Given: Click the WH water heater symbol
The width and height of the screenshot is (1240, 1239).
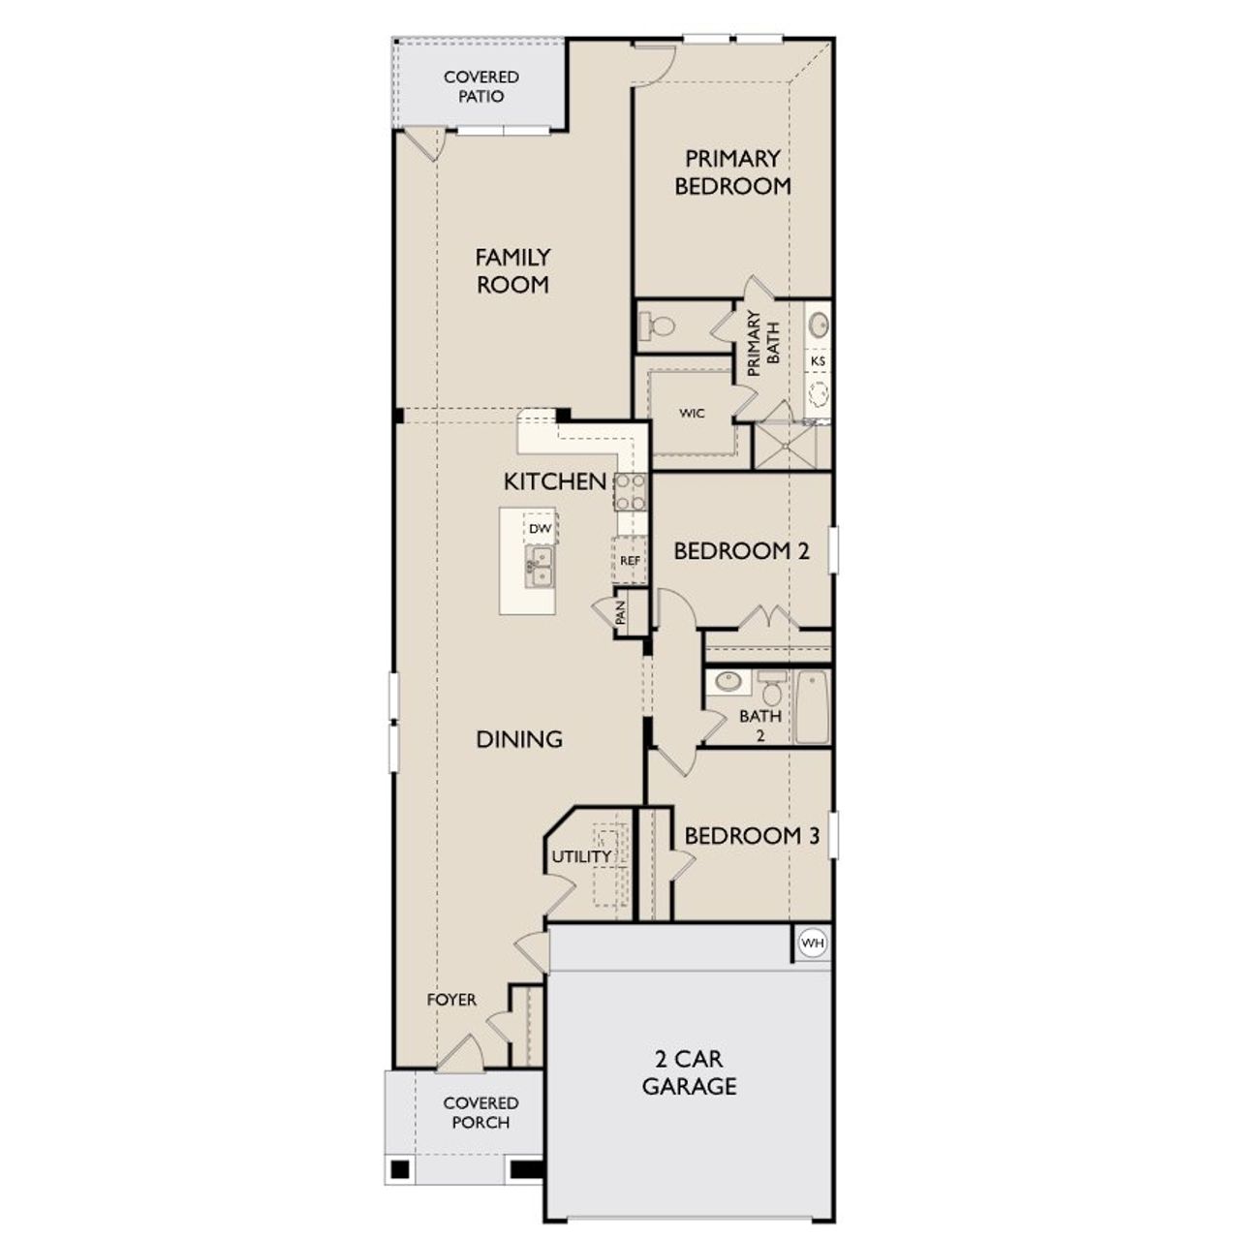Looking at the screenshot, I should (x=812, y=942).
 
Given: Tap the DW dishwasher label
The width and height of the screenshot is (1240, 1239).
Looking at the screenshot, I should (x=540, y=529).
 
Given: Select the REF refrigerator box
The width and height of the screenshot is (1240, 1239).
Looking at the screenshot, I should (x=630, y=561).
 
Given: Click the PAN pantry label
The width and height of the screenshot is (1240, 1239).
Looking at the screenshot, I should (x=621, y=612).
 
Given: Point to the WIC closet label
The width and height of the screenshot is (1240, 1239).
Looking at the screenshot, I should (x=692, y=414).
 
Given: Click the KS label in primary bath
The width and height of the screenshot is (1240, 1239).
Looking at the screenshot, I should (x=818, y=360).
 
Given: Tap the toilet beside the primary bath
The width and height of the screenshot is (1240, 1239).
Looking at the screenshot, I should (x=662, y=325).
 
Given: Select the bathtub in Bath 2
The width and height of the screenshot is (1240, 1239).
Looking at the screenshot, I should (x=812, y=707).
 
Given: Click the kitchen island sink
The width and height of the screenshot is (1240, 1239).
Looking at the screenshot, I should (x=539, y=566).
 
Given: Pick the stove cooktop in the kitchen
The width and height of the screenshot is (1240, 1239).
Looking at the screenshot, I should (x=630, y=491).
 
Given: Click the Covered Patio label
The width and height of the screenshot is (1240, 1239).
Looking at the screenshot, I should (x=480, y=86).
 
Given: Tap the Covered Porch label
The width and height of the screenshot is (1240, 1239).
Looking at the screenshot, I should (x=480, y=1112).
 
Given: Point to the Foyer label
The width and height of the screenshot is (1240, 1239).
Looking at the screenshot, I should (x=451, y=999).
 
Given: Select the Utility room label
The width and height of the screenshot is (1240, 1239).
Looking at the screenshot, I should (x=581, y=856).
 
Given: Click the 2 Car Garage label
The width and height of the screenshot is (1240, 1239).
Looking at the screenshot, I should (x=689, y=1071).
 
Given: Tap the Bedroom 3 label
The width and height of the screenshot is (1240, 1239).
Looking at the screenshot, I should (x=752, y=835).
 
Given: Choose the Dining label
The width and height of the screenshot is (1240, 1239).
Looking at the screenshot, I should (x=519, y=739).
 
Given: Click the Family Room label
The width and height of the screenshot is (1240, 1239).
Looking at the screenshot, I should (x=512, y=270).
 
